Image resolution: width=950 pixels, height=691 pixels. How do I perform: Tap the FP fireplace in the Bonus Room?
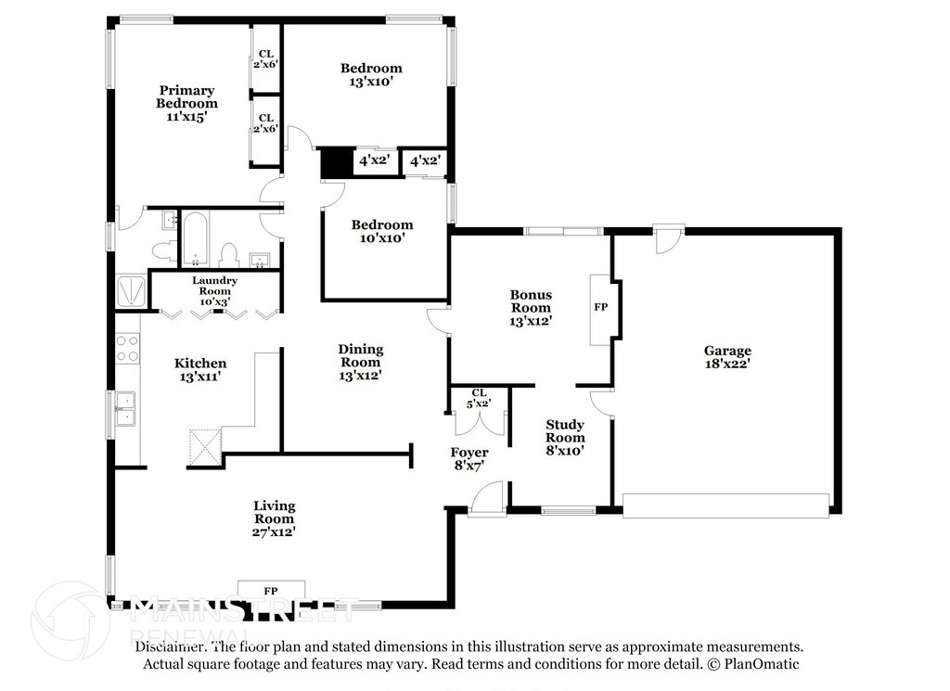(x=600, y=310)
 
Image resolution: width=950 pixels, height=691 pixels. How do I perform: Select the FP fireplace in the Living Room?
(x=271, y=590)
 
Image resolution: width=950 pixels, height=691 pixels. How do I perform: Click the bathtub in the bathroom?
(x=195, y=238)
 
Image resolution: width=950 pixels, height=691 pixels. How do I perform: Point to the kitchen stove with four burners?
(x=127, y=348)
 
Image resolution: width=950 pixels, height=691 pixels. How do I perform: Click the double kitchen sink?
(x=125, y=409)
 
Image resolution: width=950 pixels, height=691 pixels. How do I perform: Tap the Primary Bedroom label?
(x=186, y=104)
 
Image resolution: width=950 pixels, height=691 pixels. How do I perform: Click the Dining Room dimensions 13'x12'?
(x=361, y=376)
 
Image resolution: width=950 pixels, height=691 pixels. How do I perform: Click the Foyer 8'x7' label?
(x=469, y=459)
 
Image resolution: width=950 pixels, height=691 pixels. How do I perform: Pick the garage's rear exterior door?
(x=669, y=240)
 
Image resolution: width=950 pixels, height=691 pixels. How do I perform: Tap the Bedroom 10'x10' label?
(x=382, y=231)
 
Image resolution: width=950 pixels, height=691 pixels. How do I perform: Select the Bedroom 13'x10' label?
(x=371, y=74)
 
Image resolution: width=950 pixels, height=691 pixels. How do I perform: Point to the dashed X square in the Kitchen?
(x=205, y=447)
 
